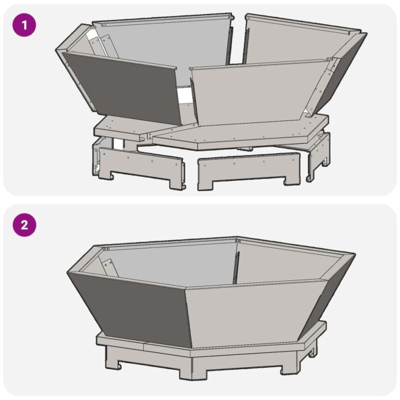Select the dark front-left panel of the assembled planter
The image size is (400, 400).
(x=128, y=306)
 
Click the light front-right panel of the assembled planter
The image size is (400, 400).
(x=252, y=309)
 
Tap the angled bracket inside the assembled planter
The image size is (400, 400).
(x=110, y=266)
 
